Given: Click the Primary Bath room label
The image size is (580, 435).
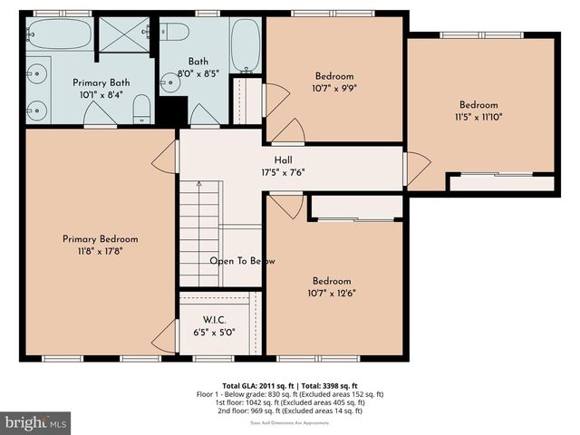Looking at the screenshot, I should tap(101, 82).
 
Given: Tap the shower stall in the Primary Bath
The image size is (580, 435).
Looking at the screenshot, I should tap(123, 34).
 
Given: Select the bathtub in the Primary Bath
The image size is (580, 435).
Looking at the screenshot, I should tap(59, 34).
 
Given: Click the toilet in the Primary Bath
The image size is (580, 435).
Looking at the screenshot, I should tap(141, 111).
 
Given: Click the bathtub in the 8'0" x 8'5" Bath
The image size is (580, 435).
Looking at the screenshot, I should tap(245, 45).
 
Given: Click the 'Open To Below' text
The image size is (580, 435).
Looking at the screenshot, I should tap(242, 261).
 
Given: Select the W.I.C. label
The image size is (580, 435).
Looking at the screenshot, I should tap(214, 319).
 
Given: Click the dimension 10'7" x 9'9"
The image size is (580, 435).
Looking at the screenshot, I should tap(334, 89).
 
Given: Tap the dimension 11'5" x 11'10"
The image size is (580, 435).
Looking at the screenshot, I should tap(478, 117).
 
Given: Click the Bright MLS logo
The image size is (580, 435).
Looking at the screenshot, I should tap(36, 422).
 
